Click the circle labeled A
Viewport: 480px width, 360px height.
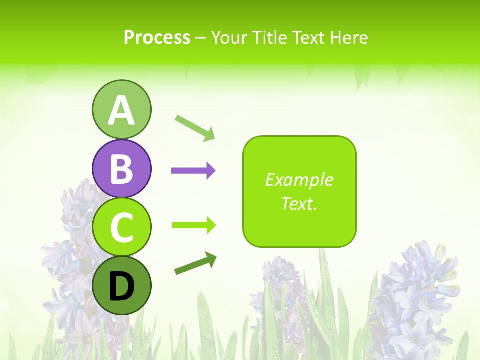[x=121, y=109]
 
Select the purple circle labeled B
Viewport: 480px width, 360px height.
[x=121, y=168]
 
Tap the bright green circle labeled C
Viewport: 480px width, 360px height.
[x=121, y=227]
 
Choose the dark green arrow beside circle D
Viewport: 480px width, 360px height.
[x=195, y=264]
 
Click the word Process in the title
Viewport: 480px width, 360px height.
[x=157, y=37]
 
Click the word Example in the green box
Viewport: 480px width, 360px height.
[x=299, y=180]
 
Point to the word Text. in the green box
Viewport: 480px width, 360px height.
[x=299, y=203]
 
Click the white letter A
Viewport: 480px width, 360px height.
[x=121, y=110]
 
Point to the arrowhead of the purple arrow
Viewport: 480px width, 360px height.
[x=211, y=171]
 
